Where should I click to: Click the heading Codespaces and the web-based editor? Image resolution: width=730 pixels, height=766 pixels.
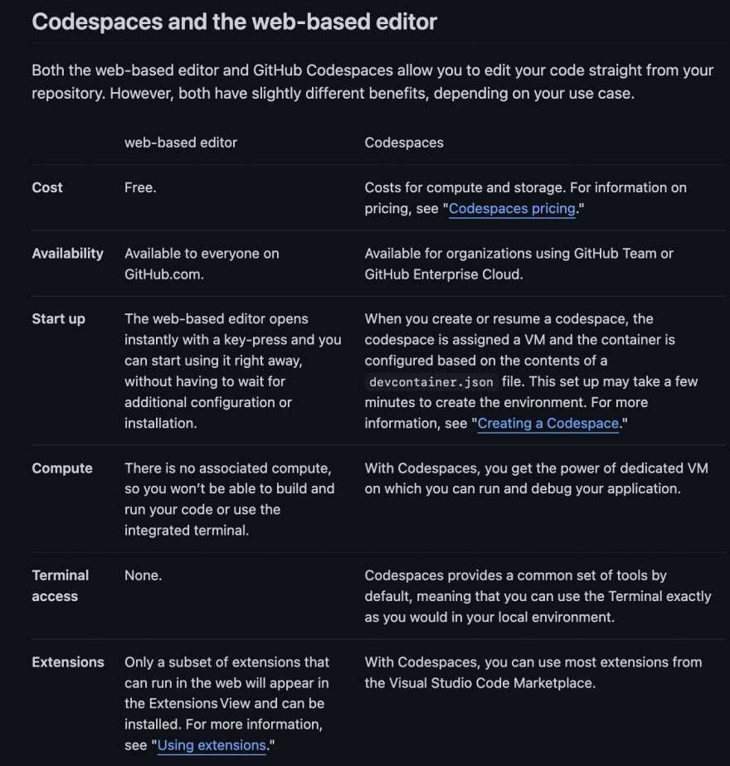234,22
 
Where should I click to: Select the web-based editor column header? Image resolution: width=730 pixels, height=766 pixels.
181,143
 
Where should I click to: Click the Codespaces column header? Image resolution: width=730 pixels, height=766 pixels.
404,143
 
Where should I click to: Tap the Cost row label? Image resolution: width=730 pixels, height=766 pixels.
47,187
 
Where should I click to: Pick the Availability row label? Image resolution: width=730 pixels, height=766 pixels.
67,254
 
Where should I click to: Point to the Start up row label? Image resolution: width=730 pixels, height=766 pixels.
58,319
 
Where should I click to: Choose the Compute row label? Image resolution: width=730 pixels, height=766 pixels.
62,468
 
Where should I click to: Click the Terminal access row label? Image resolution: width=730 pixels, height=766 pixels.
60,585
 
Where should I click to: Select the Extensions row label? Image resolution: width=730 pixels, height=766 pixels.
68,662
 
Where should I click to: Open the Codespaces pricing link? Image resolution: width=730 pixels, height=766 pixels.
512,209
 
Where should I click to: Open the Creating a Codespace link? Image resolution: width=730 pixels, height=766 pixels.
548,424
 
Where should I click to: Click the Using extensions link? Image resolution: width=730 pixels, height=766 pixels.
212,745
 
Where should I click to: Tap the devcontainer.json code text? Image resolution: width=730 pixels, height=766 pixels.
431,382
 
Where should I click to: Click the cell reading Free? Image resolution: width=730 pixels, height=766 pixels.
140,187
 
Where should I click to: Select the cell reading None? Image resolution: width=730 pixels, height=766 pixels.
143,575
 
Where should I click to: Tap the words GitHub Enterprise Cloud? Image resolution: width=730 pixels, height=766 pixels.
443,274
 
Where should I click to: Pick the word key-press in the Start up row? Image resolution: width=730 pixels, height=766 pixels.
261,340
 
